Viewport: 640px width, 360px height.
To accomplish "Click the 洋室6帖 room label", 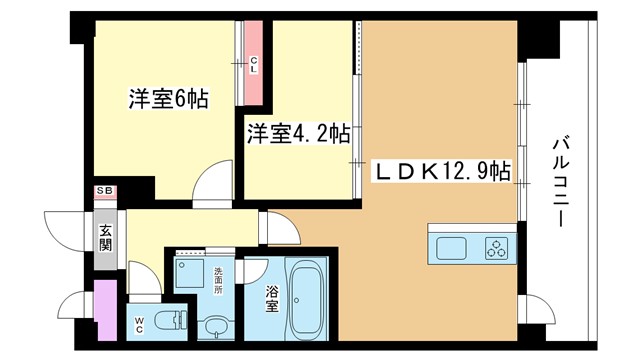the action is pyautogui.click(x=169, y=98).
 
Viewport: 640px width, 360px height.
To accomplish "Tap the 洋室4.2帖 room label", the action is pyautogui.click(x=299, y=133).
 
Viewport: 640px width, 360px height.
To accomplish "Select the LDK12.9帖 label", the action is pyautogui.click(x=442, y=171).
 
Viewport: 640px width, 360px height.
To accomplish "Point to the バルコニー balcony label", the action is pyautogui.click(x=561, y=182).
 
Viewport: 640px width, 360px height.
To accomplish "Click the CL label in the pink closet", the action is pyautogui.click(x=253, y=65).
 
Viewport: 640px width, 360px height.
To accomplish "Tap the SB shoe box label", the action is pyautogui.click(x=105, y=191).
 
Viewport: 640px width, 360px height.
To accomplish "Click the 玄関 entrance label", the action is pyautogui.click(x=105, y=238).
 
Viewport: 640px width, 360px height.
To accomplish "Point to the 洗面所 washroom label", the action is pyautogui.click(x=218, y=281).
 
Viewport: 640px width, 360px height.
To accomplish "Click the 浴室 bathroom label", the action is pyautogui.click(x=272, y=299).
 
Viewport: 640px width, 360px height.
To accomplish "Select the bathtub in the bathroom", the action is pyautogui.click(x=306, y=300).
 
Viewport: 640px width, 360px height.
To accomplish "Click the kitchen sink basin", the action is pyautogui.click(x=451, y=249).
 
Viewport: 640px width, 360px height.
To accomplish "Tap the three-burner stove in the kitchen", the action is pyautogui.click(x=497, y=249).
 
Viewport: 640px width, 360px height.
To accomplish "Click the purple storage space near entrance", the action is pyautogui.click(x=105, y=309).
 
